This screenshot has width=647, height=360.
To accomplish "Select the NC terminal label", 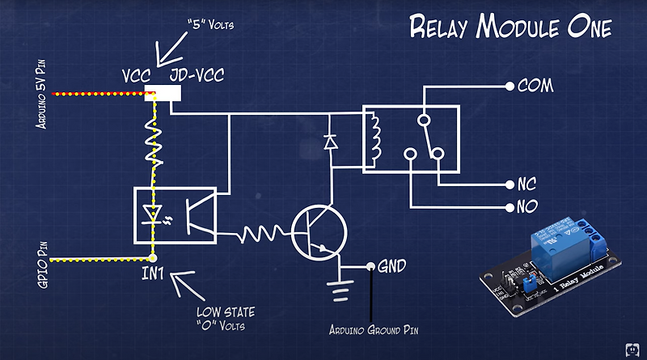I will coord(526,184).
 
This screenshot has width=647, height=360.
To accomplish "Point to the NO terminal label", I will coord(526,206).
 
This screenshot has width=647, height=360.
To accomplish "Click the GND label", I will coord(391,265).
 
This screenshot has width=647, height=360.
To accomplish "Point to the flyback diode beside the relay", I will coord(329,142).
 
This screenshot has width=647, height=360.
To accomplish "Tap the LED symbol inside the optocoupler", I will coord(152,214).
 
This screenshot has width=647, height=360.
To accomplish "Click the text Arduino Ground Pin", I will coord(373,330).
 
